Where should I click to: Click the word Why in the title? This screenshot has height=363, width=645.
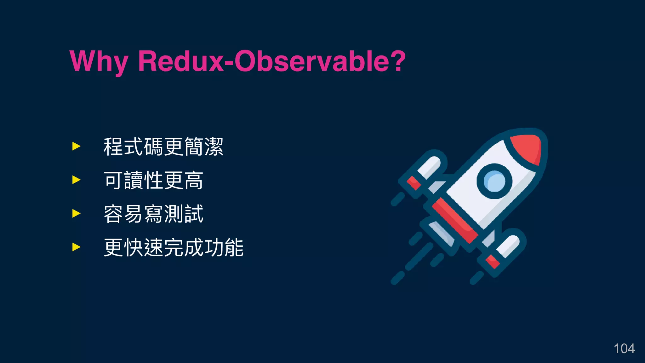click(99, 61)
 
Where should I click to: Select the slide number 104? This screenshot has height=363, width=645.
click(624, 349)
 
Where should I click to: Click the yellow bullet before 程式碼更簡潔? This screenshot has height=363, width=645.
click(76, 146)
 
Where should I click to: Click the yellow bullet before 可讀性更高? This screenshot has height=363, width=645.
click(76, 180)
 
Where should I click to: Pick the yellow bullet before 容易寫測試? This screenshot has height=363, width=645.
click(76, 214)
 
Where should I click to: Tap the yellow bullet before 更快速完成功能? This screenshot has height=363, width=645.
click(76, 247)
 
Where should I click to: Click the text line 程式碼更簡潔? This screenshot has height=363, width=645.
click(163, 147)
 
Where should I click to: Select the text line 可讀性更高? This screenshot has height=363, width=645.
click(153, 181)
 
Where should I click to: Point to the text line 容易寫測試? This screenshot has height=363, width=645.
click(153, 214)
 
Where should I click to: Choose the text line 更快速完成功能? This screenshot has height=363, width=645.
click(174, 248)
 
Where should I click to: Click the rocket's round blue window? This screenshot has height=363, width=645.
click(494, 181)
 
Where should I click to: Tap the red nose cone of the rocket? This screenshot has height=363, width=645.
click(528, 148)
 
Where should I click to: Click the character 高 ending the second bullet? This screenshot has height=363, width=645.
click(193, 181)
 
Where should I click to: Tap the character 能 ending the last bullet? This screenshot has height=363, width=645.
click(234, 248)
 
